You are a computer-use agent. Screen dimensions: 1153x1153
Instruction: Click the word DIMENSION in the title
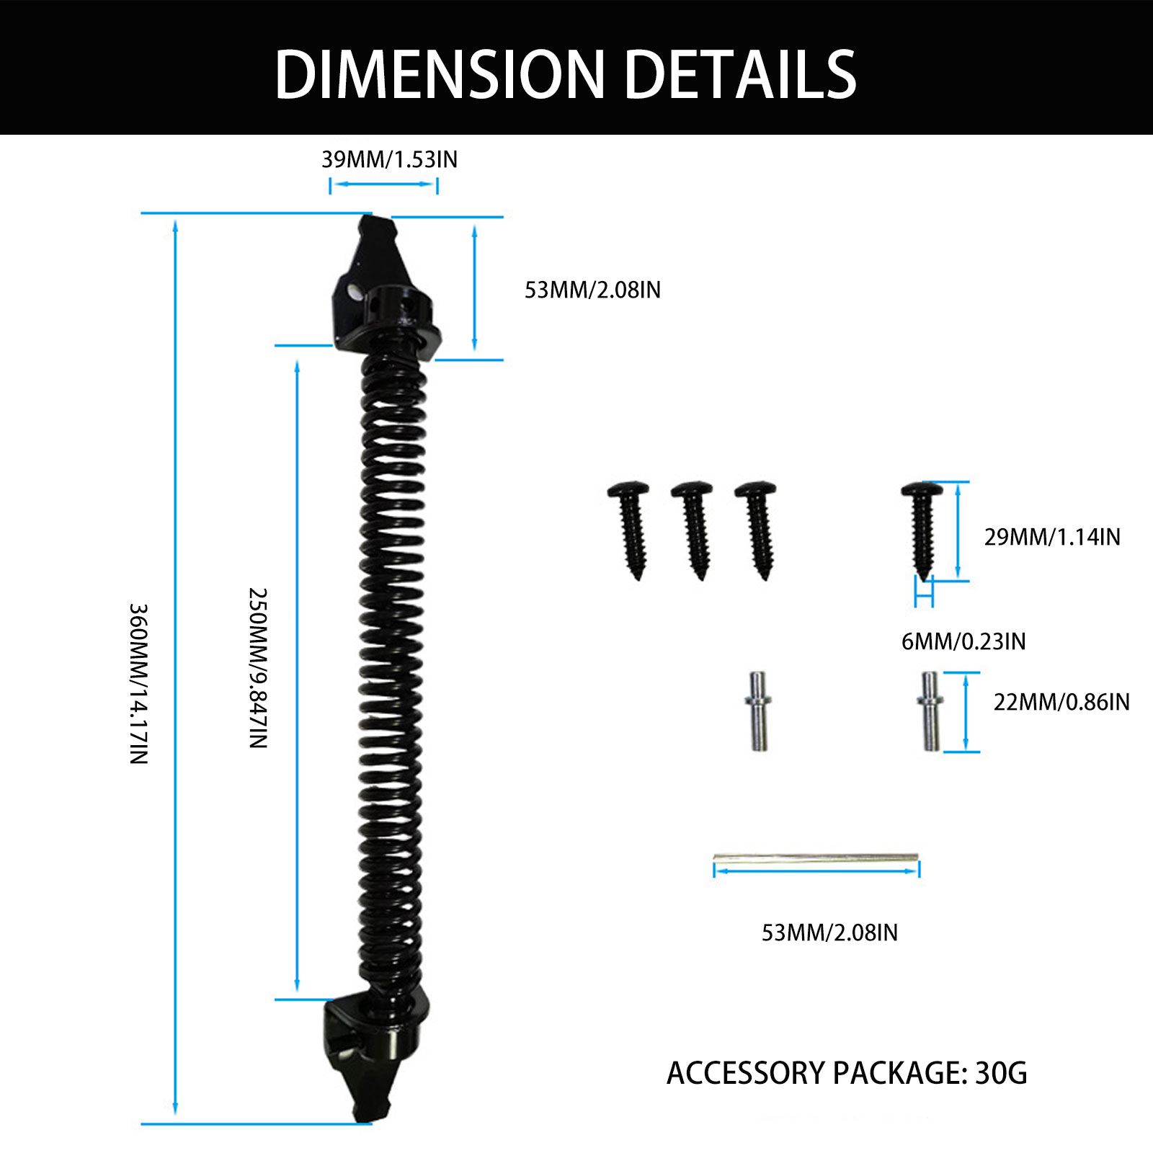(x=440, y=74)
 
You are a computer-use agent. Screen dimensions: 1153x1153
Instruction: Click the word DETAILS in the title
(x=740, y=74)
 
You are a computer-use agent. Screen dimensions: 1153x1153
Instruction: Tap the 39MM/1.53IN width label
(x=389, y=159)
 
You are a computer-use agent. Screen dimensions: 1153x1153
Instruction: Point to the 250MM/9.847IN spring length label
(x=258, y=668)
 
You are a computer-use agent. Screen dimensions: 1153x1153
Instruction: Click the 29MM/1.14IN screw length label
(x=1052, y=537)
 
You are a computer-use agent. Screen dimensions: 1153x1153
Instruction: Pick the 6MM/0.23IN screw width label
(x=963, y=641)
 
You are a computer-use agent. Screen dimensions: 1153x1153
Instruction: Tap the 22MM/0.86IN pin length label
(x=1061, y=702)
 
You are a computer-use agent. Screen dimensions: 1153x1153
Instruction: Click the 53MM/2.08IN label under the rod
(x=829, y=932)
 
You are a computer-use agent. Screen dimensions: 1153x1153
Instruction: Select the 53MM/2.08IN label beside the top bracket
(x=592, y=290)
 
